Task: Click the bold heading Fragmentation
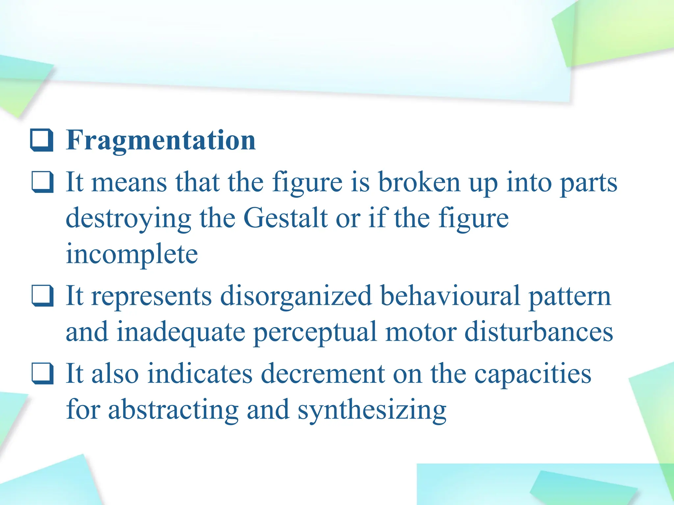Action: click(x=161, y=141)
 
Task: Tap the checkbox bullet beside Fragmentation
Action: click(x=42, y=140)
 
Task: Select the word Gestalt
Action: click(x=285, y=218)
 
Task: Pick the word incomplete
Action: click(x=132, y=254)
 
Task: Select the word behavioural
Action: click(x=450, y=296)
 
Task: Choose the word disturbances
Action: click(x=539, y=332)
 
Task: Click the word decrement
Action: click(x=323, y=374)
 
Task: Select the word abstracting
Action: click(x=173, y=410)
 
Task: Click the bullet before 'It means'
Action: click(x=42, y=182)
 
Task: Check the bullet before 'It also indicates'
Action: click(x=42, y=373)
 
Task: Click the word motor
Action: click(x=421, y=332)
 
